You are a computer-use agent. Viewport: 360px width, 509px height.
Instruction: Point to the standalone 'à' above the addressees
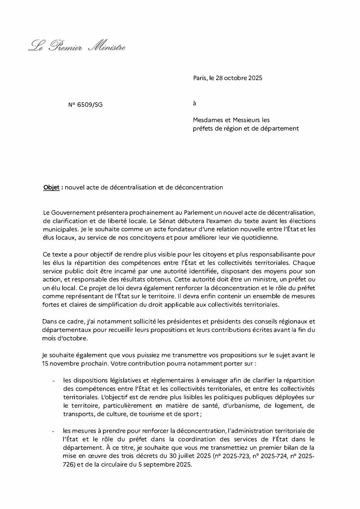pos(195,103)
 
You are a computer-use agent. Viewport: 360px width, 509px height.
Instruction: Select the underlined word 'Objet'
pos(51,187)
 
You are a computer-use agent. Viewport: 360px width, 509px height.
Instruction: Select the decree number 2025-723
pos(237,456)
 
